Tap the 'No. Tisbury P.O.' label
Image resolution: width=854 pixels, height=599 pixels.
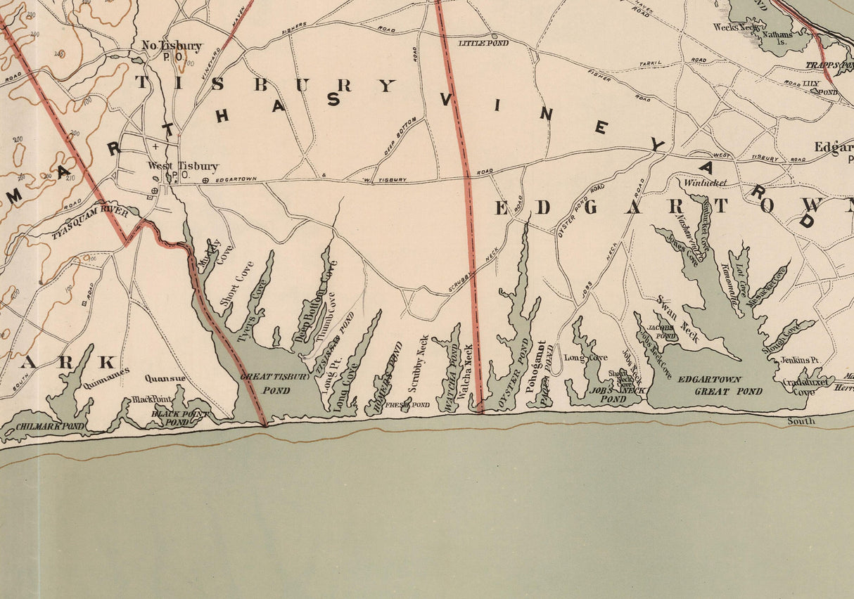[x=172, y=50]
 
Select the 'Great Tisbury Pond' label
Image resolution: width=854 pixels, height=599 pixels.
[x=275, y=382]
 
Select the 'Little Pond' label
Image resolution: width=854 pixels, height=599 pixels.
[x=483, y=43]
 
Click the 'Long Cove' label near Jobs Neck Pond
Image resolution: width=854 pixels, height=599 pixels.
[x=585, y=357]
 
